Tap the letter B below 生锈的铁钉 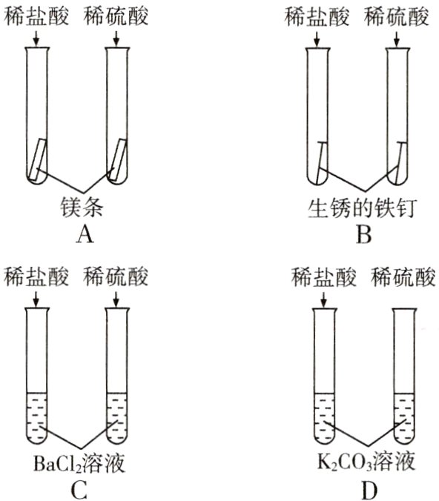point(363,235)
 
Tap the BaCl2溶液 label point(79,464)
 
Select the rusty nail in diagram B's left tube point(320,160)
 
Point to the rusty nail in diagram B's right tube point(398,160)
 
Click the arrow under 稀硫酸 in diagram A point(116,39)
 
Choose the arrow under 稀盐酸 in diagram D point(324,298)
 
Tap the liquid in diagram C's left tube point(36,419)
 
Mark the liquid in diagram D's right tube point(404,419)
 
